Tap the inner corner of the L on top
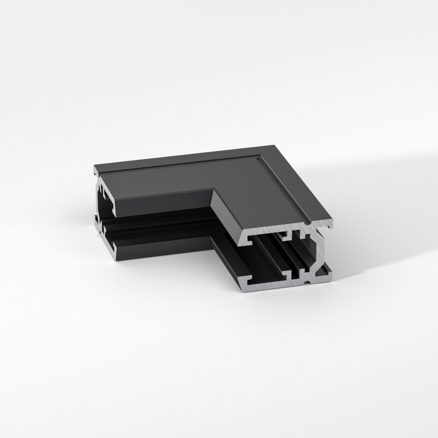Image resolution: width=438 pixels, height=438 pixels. [x=213, y=190]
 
